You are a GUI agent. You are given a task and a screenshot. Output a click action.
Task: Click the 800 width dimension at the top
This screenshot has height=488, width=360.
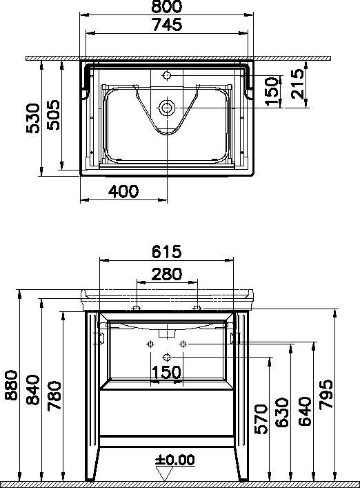167,6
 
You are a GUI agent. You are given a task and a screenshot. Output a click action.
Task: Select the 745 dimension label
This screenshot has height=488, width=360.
168,25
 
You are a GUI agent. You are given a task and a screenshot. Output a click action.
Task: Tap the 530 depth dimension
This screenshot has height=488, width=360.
33,118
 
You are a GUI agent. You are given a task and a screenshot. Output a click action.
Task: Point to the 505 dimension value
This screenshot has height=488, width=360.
53,115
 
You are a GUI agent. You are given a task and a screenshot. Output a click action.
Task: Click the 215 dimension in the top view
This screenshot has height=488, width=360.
297,84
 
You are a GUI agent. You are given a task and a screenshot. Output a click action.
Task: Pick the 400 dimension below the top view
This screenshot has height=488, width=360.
123,191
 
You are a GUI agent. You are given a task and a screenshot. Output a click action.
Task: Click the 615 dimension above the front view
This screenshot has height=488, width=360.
166,252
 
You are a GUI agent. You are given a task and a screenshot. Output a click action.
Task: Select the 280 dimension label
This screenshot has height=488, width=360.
167,274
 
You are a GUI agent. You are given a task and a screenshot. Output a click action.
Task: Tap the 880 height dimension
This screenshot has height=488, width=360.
12,384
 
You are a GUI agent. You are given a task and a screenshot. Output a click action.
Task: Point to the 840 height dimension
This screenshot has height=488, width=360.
33,390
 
